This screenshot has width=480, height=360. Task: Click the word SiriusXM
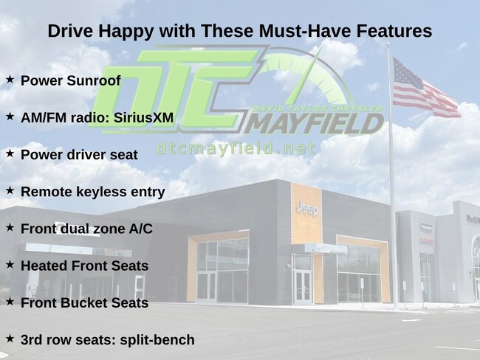pyautogui.click(x=143, y=118)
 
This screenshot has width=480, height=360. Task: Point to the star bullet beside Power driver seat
pyautogui.click(x=10, y=153)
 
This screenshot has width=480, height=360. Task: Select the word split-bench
pyautogui.click(x=157, y=340)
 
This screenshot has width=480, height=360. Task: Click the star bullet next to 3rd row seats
pyautogui.click(x=10, y=339)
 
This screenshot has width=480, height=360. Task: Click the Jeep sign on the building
pyautogui.click(x=306, y=210)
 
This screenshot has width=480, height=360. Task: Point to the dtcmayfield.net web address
pyautogui.click(x=236, y=148)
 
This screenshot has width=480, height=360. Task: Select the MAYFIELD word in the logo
pyautogui.click(x=313, y=124)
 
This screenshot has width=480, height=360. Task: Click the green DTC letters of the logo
pyautogui.click(x=174, y=89)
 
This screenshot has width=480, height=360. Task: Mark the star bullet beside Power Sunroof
pyautogui.click(x=10, y=79)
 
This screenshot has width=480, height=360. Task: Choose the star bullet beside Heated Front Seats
pyautogui.click(x=10, y=264)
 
